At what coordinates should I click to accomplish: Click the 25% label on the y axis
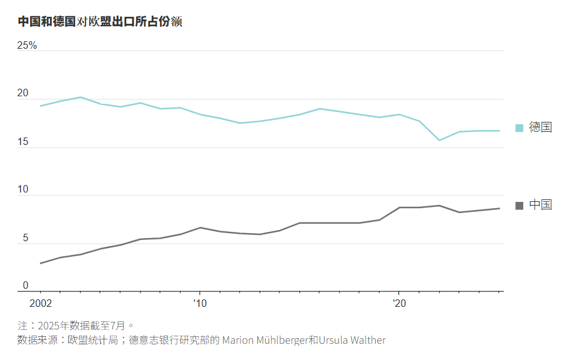coord(27,46)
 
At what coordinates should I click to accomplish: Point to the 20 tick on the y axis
coord(23,94)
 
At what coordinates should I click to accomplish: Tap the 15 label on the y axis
coord(23,142)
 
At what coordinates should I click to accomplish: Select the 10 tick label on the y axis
coord(23,189)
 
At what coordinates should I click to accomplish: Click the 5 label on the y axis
coord(26,238)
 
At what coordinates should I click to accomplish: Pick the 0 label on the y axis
coord(26,286)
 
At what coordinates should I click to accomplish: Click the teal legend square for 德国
coord(519,128)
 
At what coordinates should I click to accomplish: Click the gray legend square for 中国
coord(519,206)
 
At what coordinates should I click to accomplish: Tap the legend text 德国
coord(541,127)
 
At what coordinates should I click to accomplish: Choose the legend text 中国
coord(541,205)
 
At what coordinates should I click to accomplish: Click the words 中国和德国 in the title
coord(46,22)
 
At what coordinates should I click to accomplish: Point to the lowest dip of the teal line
coord(439,140)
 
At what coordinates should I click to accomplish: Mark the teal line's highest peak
coord(80,97)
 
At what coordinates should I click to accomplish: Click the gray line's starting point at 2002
coord(40,263)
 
